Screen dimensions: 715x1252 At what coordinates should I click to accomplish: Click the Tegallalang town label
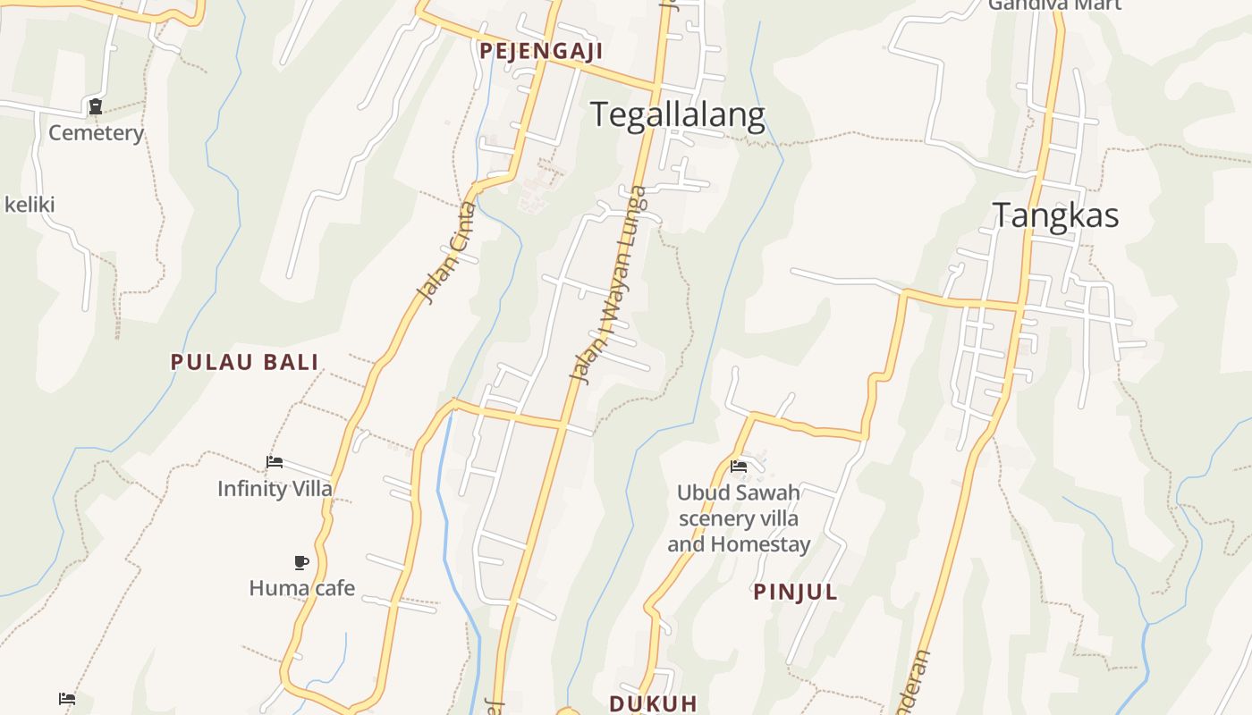coord(677,115)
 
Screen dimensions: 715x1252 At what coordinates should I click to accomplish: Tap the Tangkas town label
coord(1055,215)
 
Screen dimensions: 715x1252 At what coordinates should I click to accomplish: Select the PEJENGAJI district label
coord(541,51)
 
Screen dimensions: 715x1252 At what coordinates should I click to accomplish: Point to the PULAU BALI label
coord(245,362)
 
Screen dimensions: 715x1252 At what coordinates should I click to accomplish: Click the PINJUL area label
coord(795,592)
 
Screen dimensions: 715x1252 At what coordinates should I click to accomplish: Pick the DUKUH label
coord(653,702)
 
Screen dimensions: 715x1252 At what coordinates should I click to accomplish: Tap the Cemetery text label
coord(96,133)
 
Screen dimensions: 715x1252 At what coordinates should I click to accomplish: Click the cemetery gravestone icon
coord(96,107)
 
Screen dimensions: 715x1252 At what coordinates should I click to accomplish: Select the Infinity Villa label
coord(275,489)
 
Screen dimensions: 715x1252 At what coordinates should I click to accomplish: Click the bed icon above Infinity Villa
coord(275,462)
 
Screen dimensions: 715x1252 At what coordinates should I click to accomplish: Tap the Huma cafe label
coord(301,588)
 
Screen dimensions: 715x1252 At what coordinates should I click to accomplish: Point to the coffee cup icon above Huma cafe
coord(301,562)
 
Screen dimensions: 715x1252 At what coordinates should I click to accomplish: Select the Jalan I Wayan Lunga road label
coord(608,284)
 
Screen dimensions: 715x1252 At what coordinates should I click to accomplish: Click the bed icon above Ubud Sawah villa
coord(739,467)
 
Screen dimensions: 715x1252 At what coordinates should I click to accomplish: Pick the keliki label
coord(30,205)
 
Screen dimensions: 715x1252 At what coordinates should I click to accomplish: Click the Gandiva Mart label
coord(1054,5)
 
